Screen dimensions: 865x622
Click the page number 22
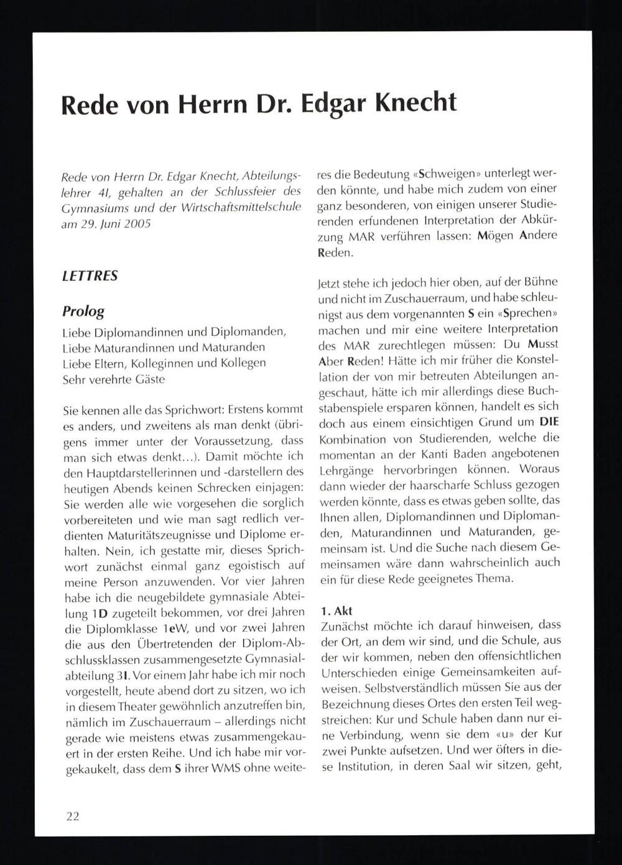tap(73, 816)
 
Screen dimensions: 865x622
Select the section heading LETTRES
tap(90, 275)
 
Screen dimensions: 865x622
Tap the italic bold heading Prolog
tap(83, 311)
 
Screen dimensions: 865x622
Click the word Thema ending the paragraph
tap(493, 578)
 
